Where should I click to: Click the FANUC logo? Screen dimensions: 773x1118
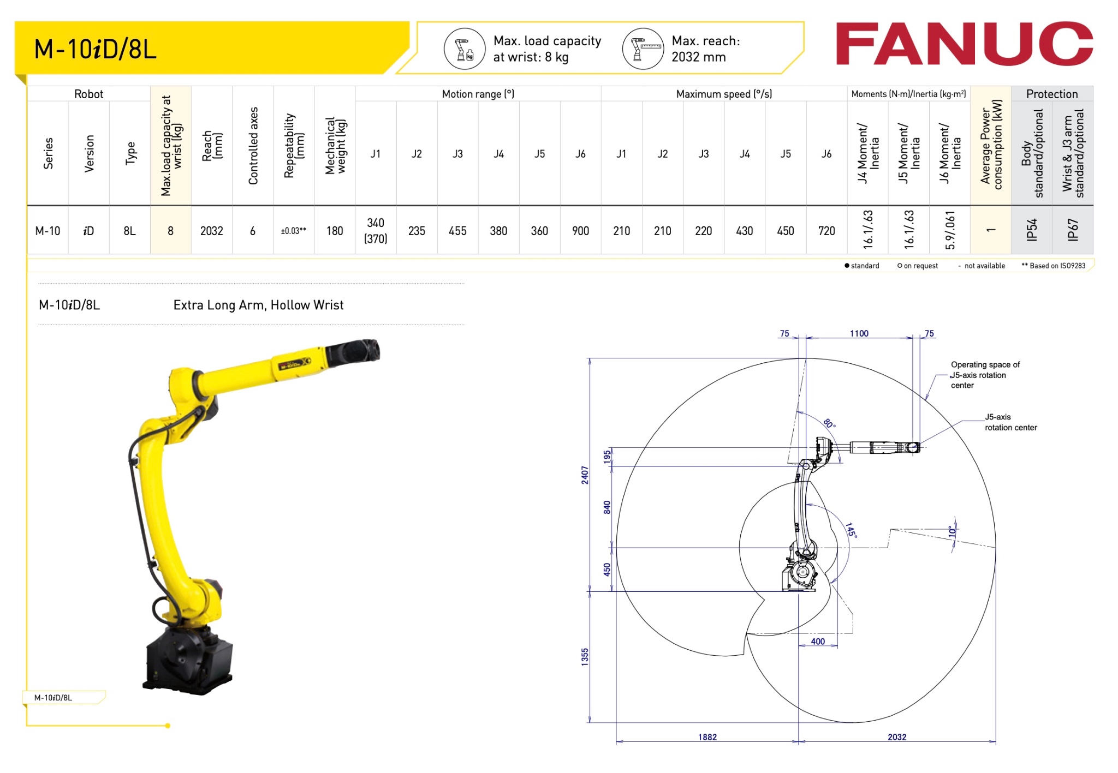click(x=964, y=44)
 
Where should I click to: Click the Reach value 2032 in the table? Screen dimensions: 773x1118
click(x=211, y=231)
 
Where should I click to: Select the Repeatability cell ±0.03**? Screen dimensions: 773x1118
click(x=293, y=231)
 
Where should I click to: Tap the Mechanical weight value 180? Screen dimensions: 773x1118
click(x=334, y=231)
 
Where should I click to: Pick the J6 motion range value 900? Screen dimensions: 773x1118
click(x=580, y=231)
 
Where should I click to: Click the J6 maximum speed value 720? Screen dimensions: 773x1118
click(x=826, y=231)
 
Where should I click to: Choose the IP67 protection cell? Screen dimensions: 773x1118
click(x=1072, y=230)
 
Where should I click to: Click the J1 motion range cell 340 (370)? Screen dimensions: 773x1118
click(x=376, y=230)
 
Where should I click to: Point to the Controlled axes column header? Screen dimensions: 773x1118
click(x=253, y=146)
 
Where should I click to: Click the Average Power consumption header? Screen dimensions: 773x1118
click(x=990, y=145)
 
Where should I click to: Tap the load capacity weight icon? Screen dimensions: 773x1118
click(x=465, y=49)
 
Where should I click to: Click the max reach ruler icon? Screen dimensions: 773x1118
click(x=643, y=49)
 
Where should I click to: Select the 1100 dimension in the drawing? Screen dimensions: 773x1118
click(x=859, y=333)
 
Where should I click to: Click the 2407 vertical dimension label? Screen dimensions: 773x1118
click(x=585, y=475)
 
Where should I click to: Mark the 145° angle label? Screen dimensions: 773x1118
click(x=851, y=530)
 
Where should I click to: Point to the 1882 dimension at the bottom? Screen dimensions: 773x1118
click(x=707, y=737)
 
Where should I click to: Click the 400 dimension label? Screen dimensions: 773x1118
click(x=817, y=642)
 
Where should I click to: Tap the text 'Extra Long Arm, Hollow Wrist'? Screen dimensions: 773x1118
click(x=258, y=305)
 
